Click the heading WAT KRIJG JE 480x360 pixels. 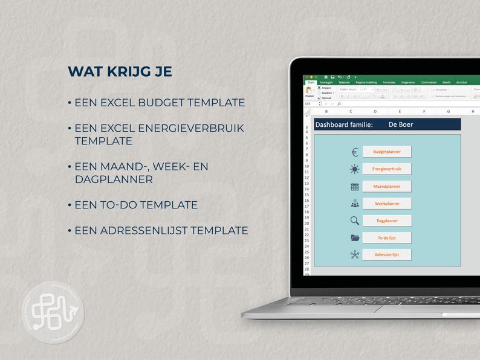pos(120,71)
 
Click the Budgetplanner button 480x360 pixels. pos(387,152)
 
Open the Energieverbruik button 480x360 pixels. pos(387,169)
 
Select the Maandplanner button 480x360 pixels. pos(387,187)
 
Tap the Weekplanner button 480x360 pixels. pos(387,204)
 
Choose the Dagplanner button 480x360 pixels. pos(387,220)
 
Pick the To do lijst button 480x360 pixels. pos(387,237)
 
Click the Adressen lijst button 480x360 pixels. pos(387,254)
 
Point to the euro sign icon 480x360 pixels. pos(355,152)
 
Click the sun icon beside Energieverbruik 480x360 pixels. pos(355,169)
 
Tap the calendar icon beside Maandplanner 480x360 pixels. pos(355,187)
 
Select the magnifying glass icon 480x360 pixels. pos(355,220)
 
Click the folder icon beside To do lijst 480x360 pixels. pos(355,237)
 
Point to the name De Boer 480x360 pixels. pos(401,124)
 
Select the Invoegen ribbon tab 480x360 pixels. pos(326,82)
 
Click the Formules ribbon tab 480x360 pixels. pos(389,82)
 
